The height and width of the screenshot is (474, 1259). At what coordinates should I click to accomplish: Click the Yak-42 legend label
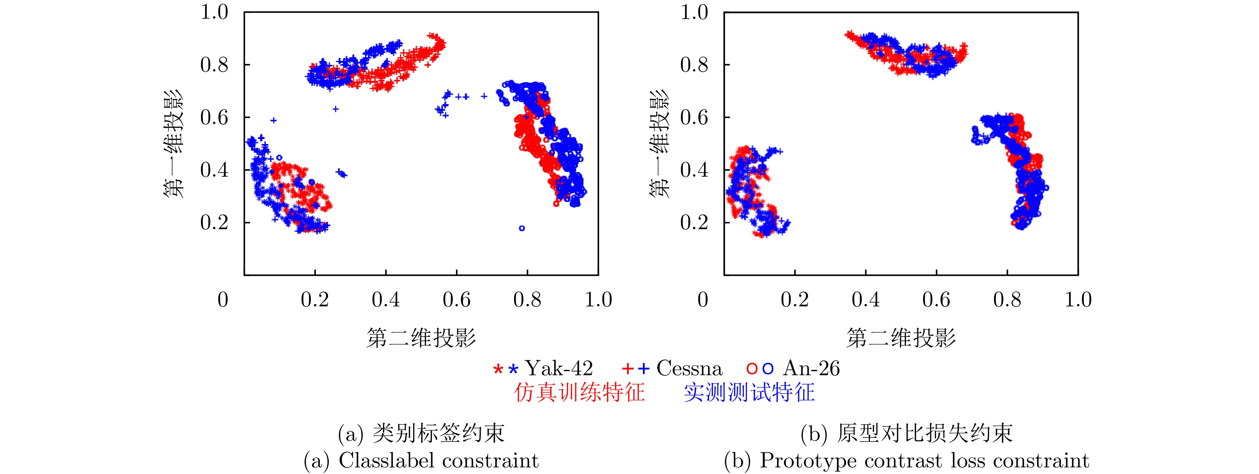pyautogui.click(x=559, y=368)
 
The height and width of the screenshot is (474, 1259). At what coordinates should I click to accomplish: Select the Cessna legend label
pyautogui.click(x=689, y=368)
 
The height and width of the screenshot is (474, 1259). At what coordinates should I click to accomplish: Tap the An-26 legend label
pyautogui.click(x=811, y=368)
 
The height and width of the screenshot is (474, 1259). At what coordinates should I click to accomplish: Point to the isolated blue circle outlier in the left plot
pyautogui.click(x=522, y=228)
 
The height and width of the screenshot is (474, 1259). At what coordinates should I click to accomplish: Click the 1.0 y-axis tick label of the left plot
pyautogui.click(x=214, y=12)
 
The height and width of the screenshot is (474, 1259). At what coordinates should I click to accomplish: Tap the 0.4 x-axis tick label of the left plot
pyautogui.click(x=386, y=299)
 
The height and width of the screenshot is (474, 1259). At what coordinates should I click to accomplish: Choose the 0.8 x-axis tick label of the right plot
pyautogui.click(x=1007, y=299)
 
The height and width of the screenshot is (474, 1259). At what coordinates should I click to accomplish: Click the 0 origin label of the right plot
pyautogui.click(x=703, y=299)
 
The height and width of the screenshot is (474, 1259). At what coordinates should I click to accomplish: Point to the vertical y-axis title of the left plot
pyautogui.click(x=173, y=144)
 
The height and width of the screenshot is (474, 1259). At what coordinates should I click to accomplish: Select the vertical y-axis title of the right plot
pyautogui.click(x=659, y=144)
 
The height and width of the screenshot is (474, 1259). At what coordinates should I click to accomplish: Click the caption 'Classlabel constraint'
pyautogui.click(x=421, y=461)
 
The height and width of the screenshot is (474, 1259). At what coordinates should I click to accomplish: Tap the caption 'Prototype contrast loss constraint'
pyautogui.click(x=907, y=461)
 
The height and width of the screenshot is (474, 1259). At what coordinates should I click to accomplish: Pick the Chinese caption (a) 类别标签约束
pyautogui.click(x=421, y=433)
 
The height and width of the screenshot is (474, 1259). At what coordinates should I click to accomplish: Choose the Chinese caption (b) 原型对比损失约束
pyautogui.click(x=907, y=433)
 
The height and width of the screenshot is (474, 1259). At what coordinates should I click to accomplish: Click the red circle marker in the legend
pyautogui.click(x=752, y=369)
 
